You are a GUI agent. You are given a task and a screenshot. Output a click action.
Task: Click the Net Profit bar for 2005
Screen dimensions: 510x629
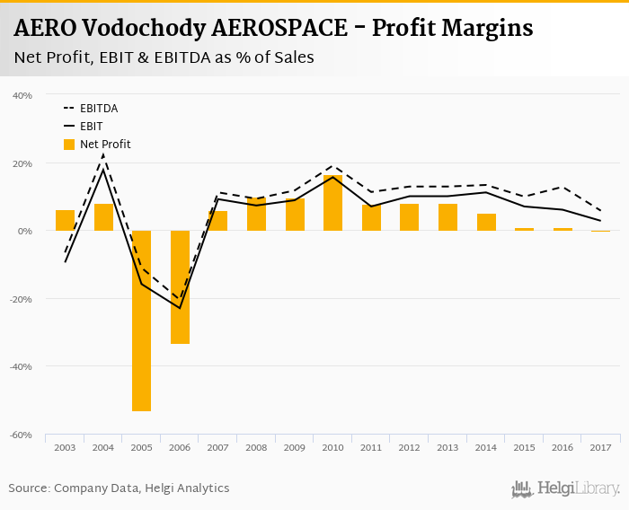(x=141, y=321)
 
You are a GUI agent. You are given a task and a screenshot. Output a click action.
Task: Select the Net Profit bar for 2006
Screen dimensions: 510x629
(x=180, y=287)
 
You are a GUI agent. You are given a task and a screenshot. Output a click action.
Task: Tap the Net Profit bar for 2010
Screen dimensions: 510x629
(x=332, y=203)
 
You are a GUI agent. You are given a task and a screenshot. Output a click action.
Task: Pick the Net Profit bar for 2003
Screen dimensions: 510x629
(x=65, y=220)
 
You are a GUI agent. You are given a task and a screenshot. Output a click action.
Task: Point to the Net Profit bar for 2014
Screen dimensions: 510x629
(x=486, y=222)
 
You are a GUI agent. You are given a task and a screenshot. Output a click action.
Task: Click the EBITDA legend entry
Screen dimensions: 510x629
(x=99, y=109)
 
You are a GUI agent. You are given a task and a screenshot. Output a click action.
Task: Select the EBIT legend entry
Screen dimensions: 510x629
(x=91, y=127)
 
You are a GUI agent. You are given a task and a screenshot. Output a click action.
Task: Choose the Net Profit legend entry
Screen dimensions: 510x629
(x=105, y=144)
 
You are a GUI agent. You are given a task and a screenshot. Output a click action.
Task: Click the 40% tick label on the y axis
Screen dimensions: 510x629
(x=22, y=95)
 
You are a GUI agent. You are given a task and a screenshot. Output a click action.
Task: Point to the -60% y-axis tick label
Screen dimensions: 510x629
(x=22, y=435)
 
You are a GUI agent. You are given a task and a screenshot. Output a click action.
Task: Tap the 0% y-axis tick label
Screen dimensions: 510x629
(x=25, y=231)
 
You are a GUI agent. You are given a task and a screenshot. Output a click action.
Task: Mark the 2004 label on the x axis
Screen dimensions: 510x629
(x=103, y=447)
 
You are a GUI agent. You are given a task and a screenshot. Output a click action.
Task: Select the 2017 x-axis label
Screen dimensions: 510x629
(x=600, y=447)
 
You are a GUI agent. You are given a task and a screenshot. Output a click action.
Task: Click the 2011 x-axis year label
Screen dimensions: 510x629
(x=371, y=447)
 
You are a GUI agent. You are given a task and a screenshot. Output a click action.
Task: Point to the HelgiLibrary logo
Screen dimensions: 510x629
(x=566, y=488)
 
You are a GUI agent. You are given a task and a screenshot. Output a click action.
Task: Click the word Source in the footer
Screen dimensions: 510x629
(x=29, y=488)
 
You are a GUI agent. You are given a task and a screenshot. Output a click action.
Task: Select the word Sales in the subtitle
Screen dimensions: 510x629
(x=293, y=58)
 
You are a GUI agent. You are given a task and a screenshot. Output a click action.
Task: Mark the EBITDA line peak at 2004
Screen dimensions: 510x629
(x=103, y=154)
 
